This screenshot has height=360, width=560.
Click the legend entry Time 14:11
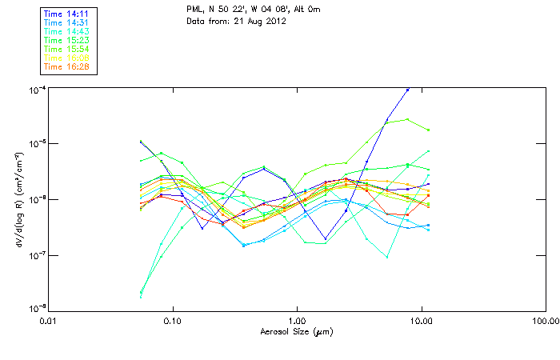[66, 13]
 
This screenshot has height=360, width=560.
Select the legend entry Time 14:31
[66, 22]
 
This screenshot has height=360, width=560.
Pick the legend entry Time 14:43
[66, 30]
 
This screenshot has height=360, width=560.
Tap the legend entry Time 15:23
[66, 39]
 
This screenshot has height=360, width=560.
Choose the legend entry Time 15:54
[66, 49]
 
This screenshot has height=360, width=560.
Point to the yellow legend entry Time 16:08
[66, 58]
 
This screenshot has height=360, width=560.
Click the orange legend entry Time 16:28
[66, 66]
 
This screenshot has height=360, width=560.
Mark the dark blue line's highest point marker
[408, 90]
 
